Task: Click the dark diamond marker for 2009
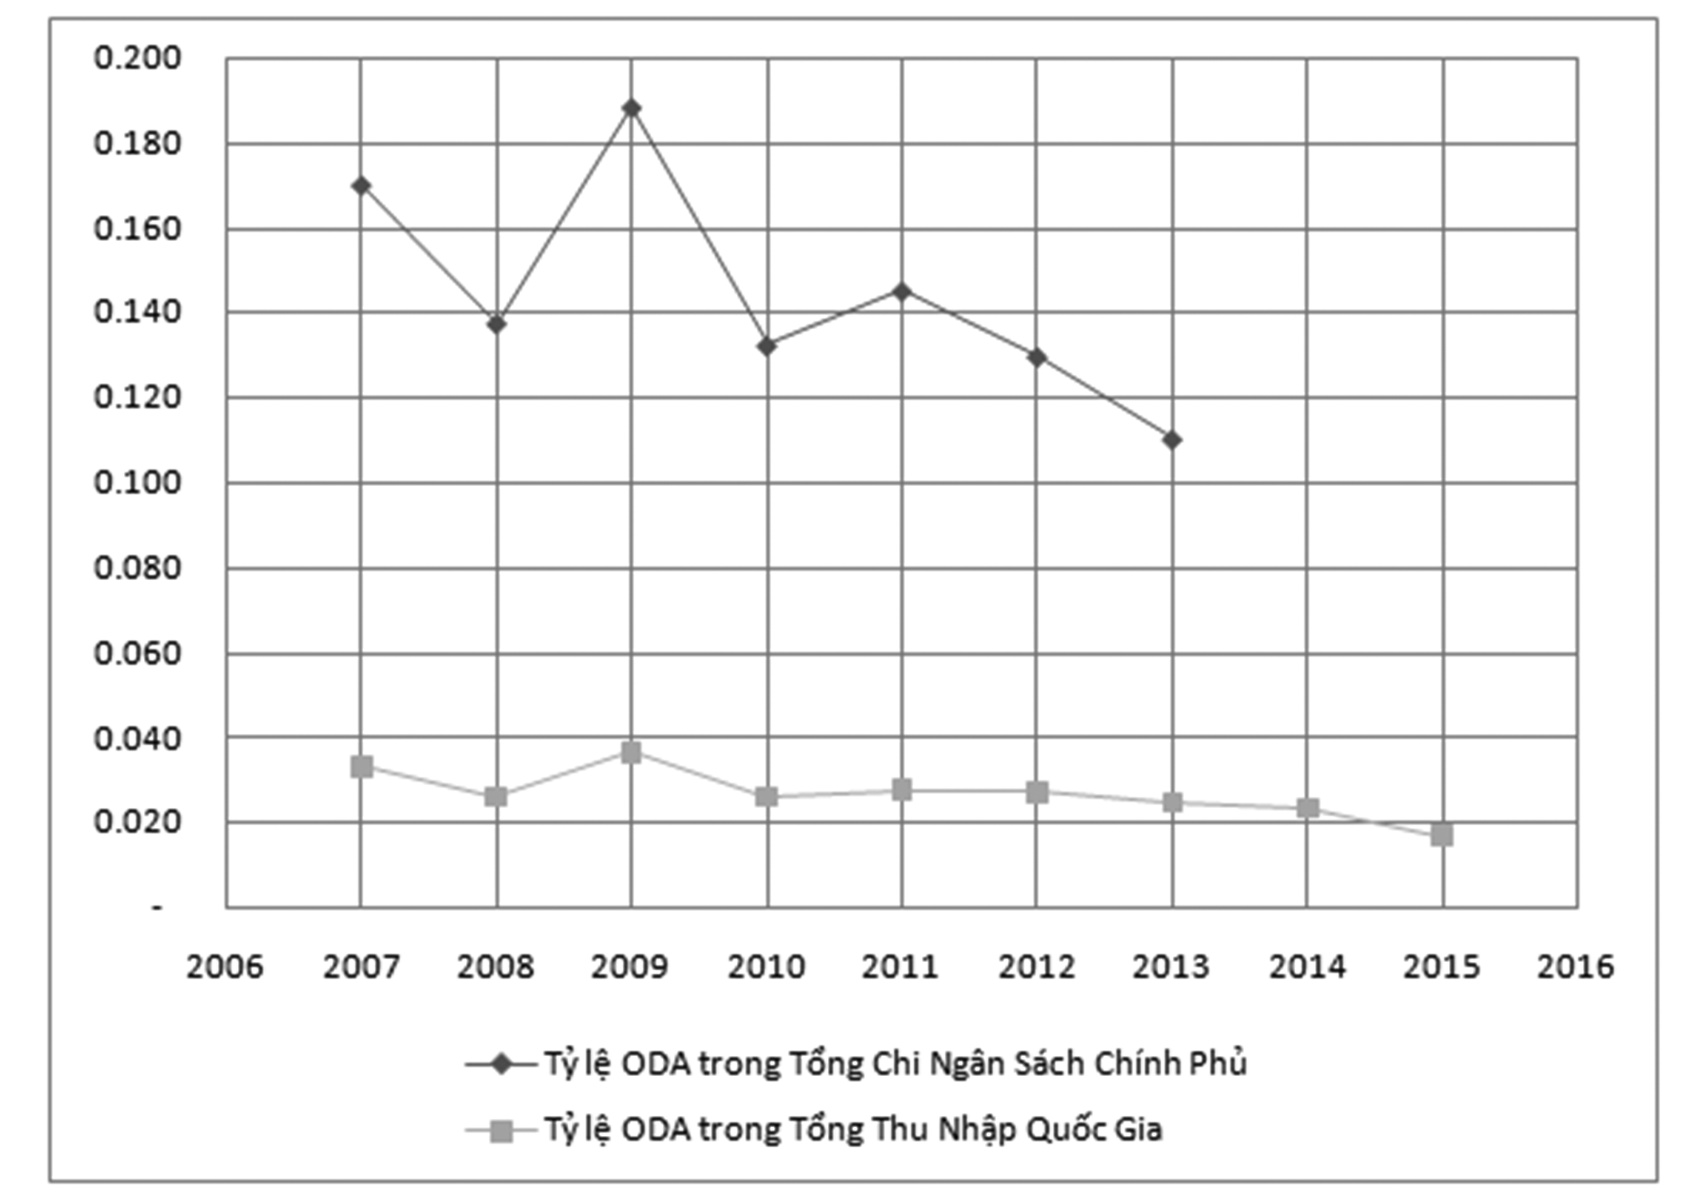coord(631,109)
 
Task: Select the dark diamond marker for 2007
coord(361,186)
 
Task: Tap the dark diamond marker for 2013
coord(1172,440)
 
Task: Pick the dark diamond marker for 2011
coord(902,292)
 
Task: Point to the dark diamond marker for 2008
coord(496,325)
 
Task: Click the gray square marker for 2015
coord(1442,834)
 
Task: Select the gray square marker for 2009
coord(631,752)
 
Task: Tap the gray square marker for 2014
coord(1308,808)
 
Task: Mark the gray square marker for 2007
coord(361,767)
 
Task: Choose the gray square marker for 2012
coord(1037,792)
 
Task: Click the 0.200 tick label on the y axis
coord(138,58)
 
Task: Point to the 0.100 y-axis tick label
coord(138,482)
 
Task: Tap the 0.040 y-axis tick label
coord(138,738)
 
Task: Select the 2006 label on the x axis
coord(224,967)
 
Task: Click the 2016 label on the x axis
coord(1575,967)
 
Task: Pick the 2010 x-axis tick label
coord(766,967)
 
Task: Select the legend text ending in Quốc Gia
coord(854,1130)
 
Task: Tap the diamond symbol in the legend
coord(501,1064)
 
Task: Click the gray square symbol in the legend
coord(501,1132)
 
